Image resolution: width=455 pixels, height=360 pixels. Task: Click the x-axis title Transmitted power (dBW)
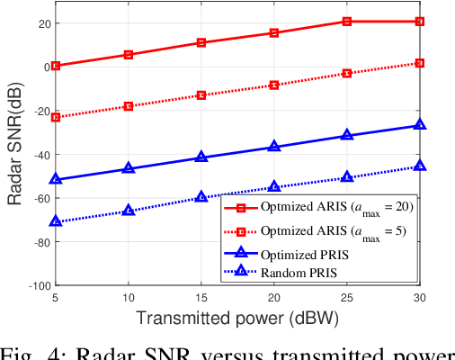[236, 318]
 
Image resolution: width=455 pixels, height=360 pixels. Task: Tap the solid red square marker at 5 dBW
[56, 66]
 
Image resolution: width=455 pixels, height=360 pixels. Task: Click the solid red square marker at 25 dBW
[347, 21]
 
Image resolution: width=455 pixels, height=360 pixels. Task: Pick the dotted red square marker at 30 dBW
[420, 63]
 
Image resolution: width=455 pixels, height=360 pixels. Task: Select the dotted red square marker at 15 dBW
[201, 95]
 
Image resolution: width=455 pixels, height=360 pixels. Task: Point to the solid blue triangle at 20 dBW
[274, 147]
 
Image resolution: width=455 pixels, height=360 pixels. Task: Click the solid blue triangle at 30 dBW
[420, 125]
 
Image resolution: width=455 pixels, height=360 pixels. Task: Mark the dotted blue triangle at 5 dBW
[56, 220]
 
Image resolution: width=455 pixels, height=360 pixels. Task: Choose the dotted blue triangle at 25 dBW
[347, 177]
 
